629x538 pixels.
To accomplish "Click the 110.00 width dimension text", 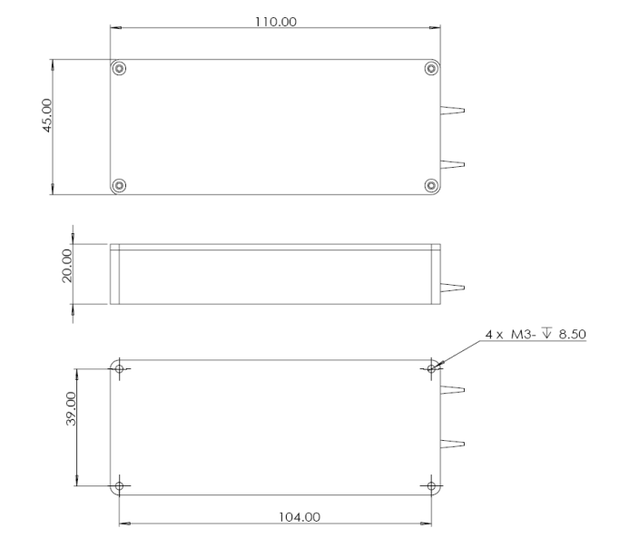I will pyautogui.click(x=275, y=22).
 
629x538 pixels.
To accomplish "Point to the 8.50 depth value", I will pyautogui.click(x=573, y=335).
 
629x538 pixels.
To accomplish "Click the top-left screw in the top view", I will pyautogui.click(x=119, y=69).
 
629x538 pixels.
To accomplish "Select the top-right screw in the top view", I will pyautogui.click(x=431, y=69).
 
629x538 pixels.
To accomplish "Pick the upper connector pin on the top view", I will pyautogui.click(x=453, y=112).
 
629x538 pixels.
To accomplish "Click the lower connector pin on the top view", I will pyautogui.click(x=453, y=164).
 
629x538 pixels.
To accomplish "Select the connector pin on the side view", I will pyautogui.click(x=453, y=289).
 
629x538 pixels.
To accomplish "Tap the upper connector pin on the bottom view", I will pyautogui.click(x=453, y=391).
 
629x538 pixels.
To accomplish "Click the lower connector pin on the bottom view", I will pyautogui.click(x=453, y=444).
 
